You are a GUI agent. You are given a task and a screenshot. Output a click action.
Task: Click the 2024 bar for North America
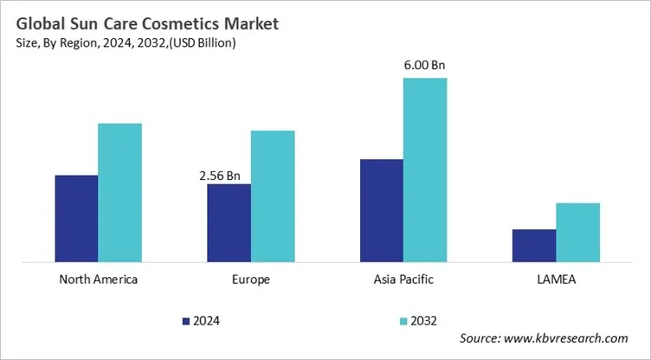(76, 218)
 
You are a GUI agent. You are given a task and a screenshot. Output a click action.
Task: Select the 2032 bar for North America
(119, 192)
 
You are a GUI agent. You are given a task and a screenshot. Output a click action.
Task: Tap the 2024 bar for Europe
(229, 222)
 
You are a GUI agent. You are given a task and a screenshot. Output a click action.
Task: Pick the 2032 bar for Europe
(273, 196)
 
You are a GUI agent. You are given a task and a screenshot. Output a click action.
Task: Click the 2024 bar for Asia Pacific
(381, 210)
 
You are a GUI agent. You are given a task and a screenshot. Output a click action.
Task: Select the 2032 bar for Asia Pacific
(425, 170)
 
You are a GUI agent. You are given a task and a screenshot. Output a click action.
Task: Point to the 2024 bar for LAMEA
(533, 245)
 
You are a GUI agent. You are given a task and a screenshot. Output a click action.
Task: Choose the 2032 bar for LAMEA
(577, 232)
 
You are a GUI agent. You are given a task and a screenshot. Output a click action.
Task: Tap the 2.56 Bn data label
(220, 175)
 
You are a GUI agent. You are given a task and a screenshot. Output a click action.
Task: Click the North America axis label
(98, 280)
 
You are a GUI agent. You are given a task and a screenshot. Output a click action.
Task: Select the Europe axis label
(251, 280)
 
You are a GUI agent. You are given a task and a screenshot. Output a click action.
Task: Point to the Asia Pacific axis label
(403, 280)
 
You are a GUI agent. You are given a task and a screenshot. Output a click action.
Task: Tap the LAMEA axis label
(556, 280)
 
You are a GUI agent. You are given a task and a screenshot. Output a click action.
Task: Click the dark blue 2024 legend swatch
(186, 321)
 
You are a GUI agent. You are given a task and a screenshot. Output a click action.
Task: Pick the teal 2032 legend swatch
(403, 321)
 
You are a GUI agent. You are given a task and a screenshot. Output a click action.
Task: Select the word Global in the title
(37, 16)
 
